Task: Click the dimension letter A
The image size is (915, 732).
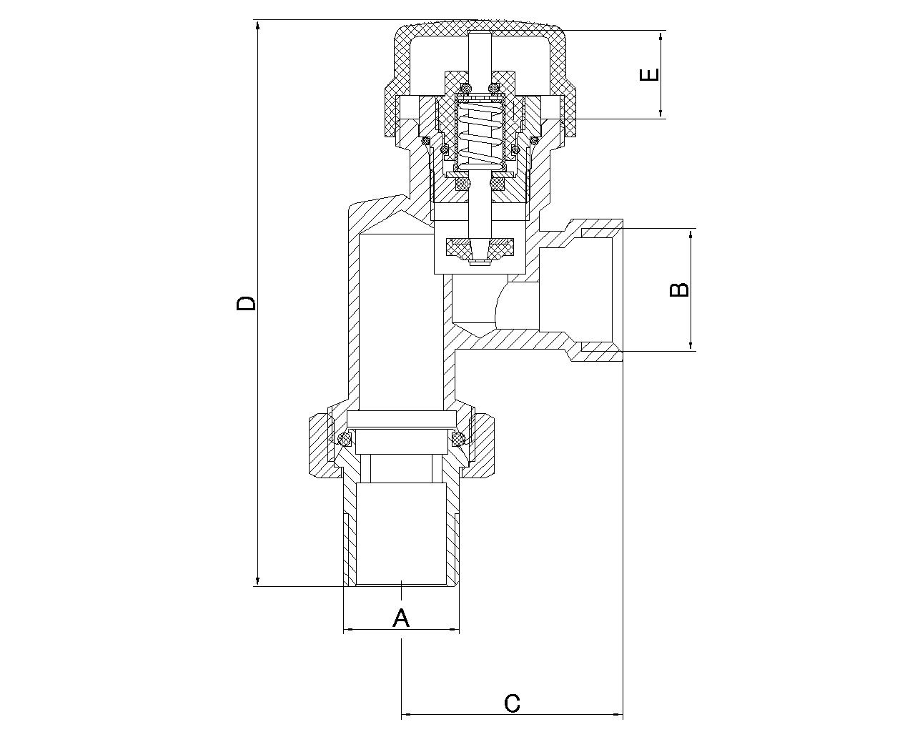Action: coord(400,618)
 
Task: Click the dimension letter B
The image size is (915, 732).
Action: coord(679,290)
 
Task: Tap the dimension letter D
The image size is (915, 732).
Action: coord(246,304)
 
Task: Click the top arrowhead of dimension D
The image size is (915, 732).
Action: coord(257,26)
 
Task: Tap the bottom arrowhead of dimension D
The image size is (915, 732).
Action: coord(257,580)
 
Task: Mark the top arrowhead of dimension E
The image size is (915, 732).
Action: coord(661,36)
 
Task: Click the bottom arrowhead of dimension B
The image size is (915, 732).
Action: coord(691,345)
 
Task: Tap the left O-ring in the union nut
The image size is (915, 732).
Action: coord(344,439)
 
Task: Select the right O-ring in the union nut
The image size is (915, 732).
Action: coord(458,439)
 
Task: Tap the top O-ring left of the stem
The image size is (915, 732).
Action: coord(465,89)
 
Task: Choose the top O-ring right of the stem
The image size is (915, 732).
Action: coord(493,89)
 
